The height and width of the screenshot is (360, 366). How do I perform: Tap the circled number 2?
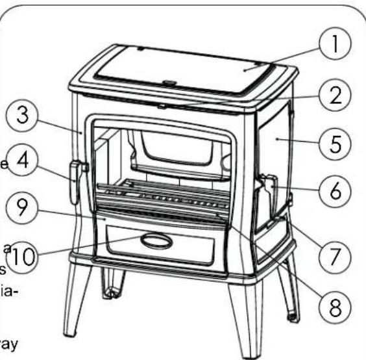(x=333, y=96)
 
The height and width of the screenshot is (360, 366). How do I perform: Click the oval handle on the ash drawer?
(x=157, y=242)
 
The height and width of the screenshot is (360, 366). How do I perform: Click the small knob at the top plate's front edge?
(x=169, y=83)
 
